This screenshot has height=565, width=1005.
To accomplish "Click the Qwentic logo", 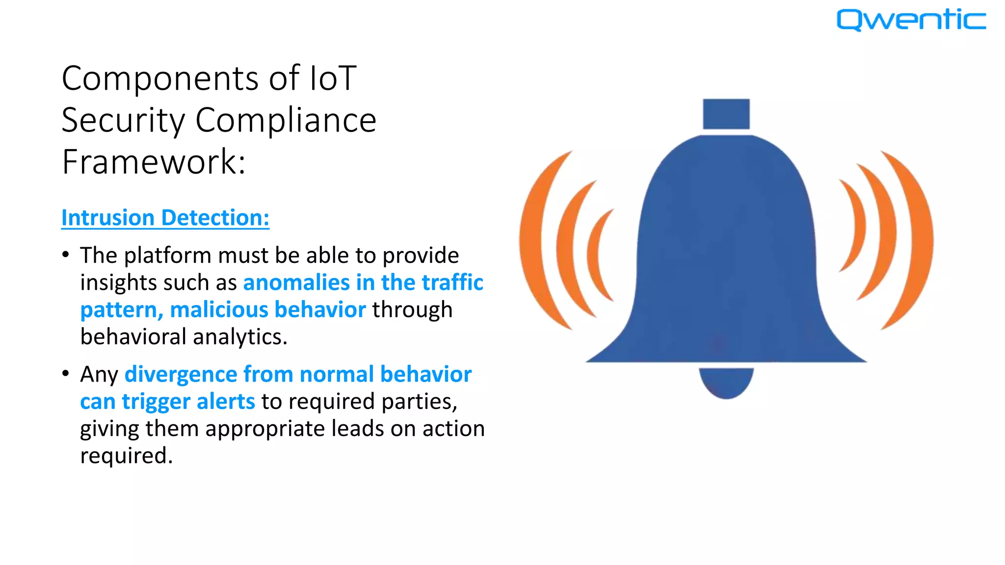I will point(911,20).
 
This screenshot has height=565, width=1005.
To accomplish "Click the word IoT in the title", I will point(332,78).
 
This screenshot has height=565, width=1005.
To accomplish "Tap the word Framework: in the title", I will point(154,162).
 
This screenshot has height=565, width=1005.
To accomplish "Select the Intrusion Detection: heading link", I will point(165,218).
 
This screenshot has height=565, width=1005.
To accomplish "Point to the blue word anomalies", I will point(296,283).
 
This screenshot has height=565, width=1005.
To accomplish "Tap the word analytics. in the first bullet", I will point(240,337).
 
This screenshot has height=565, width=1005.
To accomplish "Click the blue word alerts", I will point(226,402).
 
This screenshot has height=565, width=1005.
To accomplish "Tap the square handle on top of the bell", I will point(726,114).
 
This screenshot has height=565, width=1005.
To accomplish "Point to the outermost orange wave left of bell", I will point(535,240).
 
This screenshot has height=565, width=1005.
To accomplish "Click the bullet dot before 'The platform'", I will point(66,255).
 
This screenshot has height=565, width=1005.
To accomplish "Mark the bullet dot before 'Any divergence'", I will point(66,374).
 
